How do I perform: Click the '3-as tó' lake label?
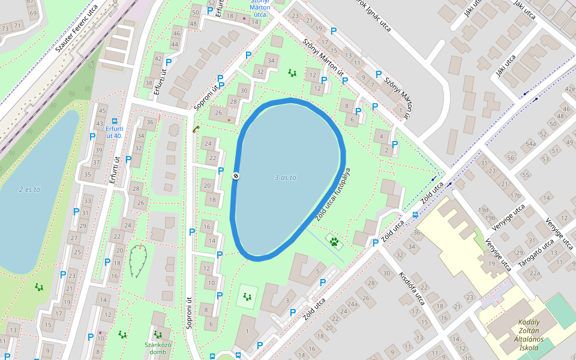point(285,178)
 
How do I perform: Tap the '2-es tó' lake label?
point(29,190)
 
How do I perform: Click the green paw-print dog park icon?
point(334,242)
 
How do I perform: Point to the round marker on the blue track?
point(236,176)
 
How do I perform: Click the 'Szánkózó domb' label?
point(158,348)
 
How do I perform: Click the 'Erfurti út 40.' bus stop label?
point(114,132)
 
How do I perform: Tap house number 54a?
point(530,144)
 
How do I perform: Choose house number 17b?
point(515,196)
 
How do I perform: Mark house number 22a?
point(534,273)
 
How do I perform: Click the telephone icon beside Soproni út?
point(195,128)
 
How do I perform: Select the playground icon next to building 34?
point(292,73)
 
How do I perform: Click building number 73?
point(5,28)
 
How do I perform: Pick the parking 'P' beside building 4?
point(395,145)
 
